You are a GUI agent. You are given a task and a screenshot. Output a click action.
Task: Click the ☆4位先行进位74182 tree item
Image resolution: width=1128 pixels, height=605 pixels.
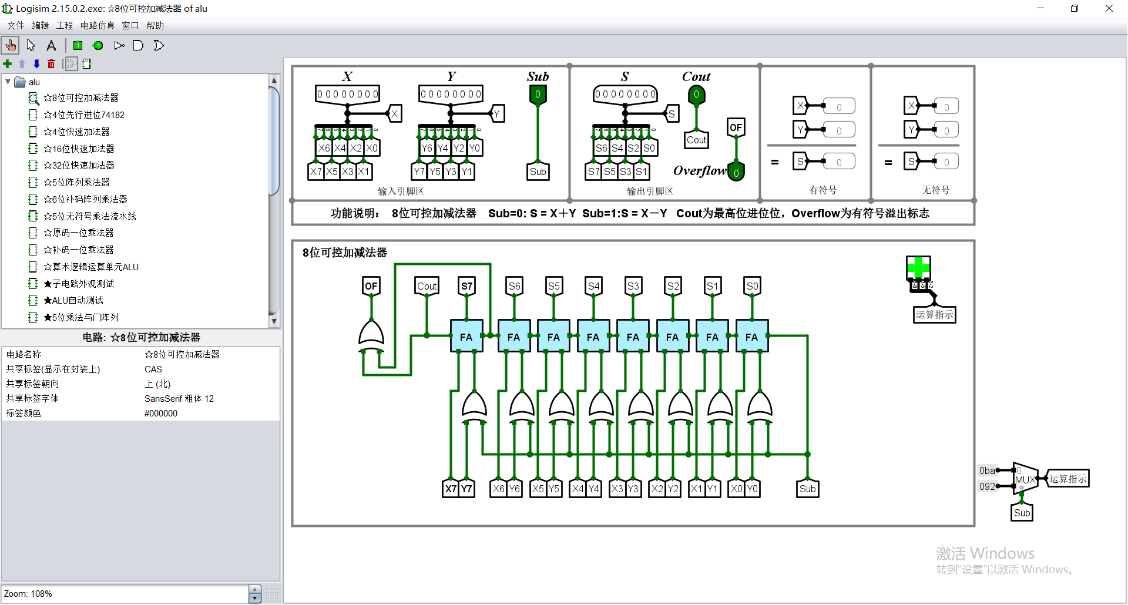[x=83, y=115]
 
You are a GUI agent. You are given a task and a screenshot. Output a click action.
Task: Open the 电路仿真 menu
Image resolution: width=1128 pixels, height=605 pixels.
[x=97, y=25]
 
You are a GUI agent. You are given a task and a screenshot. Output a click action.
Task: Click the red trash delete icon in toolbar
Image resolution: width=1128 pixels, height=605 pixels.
[x=51, y=64]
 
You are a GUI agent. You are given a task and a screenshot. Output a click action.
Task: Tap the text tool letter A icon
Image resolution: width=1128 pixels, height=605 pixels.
[x=51, y=45]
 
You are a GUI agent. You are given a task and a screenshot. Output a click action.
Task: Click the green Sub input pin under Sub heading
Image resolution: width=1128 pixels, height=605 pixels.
[x=538, y=95]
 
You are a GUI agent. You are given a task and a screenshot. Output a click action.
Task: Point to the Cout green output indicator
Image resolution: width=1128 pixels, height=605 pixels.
[x=696, y=95]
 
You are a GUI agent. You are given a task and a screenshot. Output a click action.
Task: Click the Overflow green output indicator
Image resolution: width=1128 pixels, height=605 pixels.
[x=736, y=173]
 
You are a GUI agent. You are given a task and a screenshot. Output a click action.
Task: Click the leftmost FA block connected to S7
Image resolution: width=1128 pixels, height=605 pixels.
[x=466, y=337]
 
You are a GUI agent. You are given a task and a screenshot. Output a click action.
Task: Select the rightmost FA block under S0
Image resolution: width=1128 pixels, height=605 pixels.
[x=752, y=337]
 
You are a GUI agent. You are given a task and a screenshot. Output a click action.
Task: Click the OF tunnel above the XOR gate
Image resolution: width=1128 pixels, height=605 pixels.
[x=371, y=286]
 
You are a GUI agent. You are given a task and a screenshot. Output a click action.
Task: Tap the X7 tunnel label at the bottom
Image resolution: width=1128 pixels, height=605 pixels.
[x=451, y=489]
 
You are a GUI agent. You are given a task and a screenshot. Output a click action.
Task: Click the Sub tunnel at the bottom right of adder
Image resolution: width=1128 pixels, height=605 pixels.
[x=807, y=489]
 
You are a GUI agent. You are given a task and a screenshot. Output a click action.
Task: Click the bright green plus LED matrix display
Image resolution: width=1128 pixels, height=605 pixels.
[x=918, y=268]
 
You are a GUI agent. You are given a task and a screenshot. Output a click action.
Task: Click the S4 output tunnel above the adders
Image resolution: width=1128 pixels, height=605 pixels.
[x=593, y=286]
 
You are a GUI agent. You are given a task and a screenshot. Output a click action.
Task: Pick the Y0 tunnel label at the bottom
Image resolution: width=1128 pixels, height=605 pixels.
[x=752, y=489]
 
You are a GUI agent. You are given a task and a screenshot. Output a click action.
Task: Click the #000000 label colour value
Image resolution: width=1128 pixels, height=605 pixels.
[x=161, y=414]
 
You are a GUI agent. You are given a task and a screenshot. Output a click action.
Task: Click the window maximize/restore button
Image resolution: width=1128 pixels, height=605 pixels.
[x=1074, y=8]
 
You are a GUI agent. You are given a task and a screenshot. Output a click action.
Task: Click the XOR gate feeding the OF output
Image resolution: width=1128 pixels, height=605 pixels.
[x=371, y=335]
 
